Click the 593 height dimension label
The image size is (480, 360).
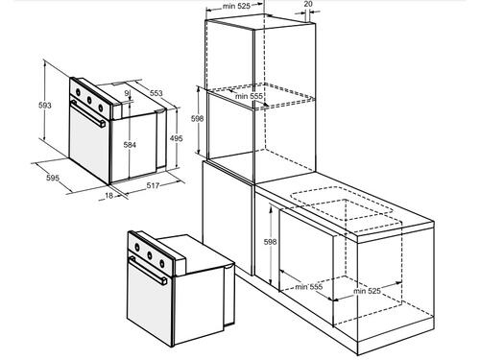pyautogui.click(x=45, y=105)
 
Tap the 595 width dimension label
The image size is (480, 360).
pyautogui.click(x=53, y=178)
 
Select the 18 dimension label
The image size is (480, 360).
pyautogui.click(x=109, y=195)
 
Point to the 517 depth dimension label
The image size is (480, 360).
pyautogui.click(x=153, y=185)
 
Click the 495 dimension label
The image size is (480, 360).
pyautogui.click(x=177, y=138)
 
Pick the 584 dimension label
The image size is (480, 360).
pyautogui.click(x=130, y=145)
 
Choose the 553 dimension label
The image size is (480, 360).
pyautogui.click(x=156, y=93)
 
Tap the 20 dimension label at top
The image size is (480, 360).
pyautogui.click(x=308, y=4)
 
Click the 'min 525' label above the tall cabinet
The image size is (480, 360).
pyautogui.click(x=236, y=6)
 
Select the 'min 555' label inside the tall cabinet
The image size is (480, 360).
pyautogui.click(x=249, y=96)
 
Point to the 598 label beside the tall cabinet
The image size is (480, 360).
pyautogui.click(x=197, y=119)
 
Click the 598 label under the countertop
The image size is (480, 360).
pyautogui.click(x=270, y=242)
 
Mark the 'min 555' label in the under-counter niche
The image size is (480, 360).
pyautogui.click(x=309, y=287)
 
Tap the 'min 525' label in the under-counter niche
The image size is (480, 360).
pyautogui.click(x=367, y=291)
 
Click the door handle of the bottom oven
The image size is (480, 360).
pyautogui.click(x=148, y=270)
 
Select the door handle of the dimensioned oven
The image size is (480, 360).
pyautogui.click(x=88, y=113)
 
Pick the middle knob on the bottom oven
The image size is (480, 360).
pyautogui.click(x=150, y=255)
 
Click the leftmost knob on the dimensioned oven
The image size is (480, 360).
pyautogui.click(x=78, y=92)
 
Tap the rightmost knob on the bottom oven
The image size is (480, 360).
pyautogui.click(x=162, y=264)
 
